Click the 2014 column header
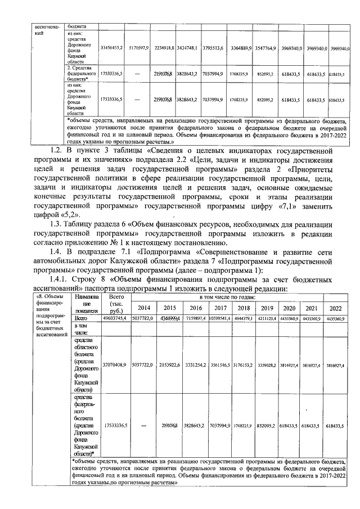(x=143, y=308)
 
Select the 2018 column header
(x=244, y=308)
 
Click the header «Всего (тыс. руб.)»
(x=117, y=303)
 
